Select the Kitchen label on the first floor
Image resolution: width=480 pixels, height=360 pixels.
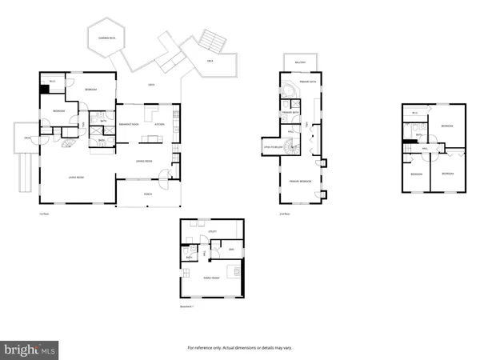[x=159, y=124]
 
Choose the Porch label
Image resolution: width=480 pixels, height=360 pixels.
[x=148, y=193]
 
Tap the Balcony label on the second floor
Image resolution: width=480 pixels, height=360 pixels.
[x=300, y=61]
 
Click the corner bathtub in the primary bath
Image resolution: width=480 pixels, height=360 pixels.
[x=290, y=102]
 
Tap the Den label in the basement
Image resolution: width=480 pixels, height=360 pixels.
[x=230, y=250]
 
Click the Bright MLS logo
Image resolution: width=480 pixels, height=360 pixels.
[x=30, y=349]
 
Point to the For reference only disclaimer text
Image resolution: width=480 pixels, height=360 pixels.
[x=240, y=347]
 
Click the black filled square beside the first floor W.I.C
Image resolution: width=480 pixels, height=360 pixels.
[x=44, y=89]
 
